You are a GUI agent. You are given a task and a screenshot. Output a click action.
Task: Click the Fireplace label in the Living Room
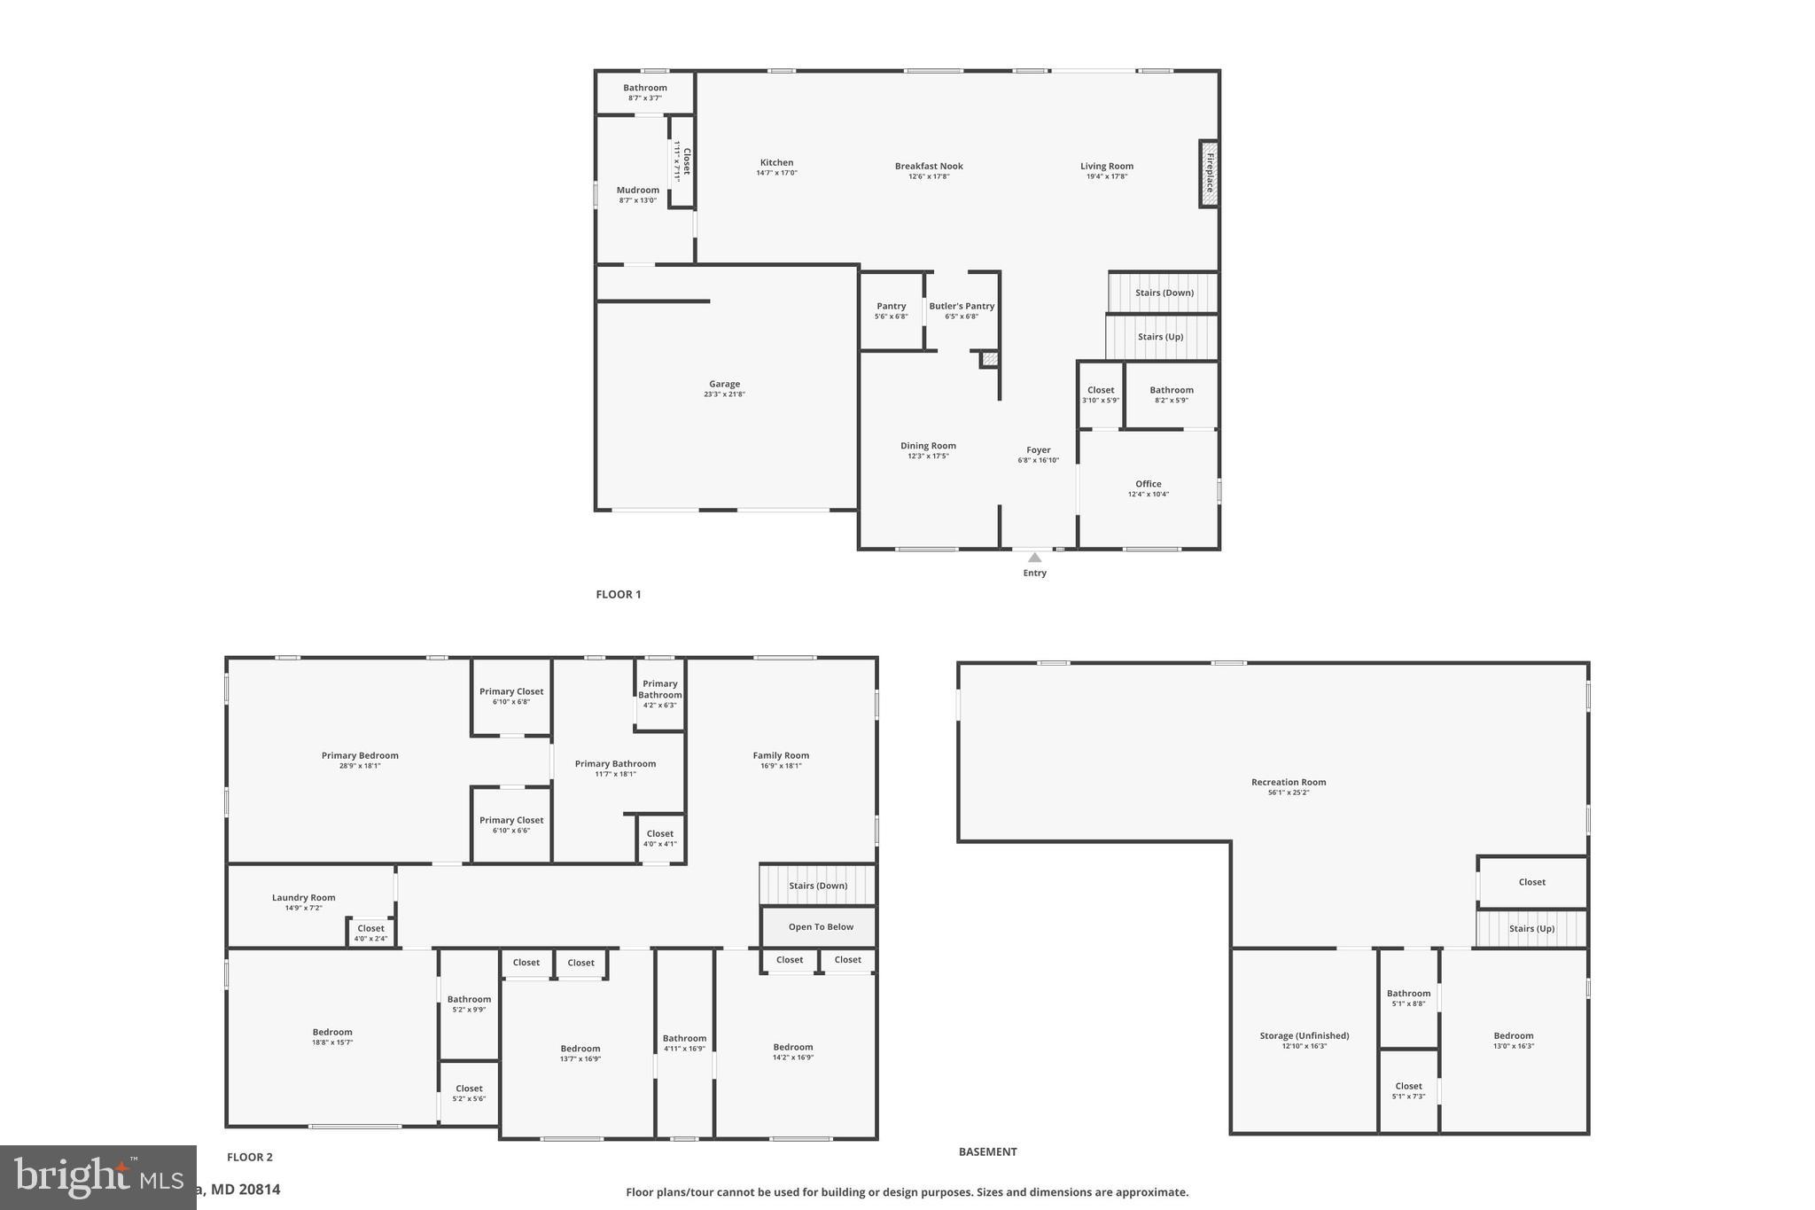[1209, 173]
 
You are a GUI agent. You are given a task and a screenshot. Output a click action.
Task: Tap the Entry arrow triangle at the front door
[1034, 558]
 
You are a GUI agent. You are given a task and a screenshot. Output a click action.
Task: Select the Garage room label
[724, 384]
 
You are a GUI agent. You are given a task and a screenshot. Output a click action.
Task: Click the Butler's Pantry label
[962, 306]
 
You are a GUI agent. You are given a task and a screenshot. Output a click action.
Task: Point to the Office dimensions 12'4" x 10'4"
[1148, 495]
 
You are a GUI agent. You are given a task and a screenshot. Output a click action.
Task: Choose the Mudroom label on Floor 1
[637, 190]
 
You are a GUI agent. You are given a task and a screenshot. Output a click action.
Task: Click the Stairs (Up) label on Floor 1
[1160, 337]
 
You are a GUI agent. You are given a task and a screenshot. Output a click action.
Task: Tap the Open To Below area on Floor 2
[821, 927]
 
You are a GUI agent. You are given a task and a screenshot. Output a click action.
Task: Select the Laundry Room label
[303, 897]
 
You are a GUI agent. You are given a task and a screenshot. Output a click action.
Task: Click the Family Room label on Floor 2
[781, 755]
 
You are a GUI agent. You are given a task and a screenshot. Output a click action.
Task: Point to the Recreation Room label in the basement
[1288, 782]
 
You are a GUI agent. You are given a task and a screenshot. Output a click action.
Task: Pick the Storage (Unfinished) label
[1304, 1035]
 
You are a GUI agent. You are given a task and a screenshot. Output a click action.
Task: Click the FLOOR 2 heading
[250, 1157]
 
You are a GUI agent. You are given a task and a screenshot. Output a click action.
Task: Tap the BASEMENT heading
[987, 1151]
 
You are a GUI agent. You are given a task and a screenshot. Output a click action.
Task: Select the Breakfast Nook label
[928, 166]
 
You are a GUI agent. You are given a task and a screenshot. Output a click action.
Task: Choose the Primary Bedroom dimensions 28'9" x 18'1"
[360, 766]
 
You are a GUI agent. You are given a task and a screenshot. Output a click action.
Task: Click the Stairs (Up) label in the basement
[1531, 929]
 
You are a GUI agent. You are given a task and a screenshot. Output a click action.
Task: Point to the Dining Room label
[928, 446]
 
